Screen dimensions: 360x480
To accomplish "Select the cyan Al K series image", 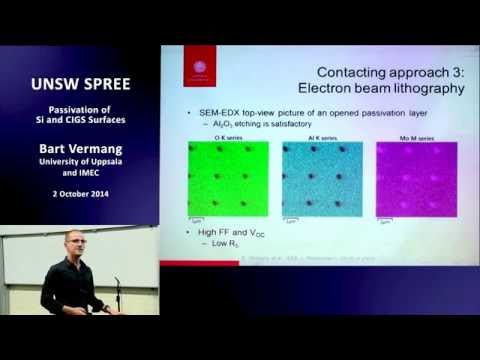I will [x=321, y=180].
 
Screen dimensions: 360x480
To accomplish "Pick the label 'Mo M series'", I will [x=411, y=136].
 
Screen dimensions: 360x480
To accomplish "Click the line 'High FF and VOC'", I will [x=225, y=233].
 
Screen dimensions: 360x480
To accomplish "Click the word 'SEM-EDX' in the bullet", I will [x=220, y=109].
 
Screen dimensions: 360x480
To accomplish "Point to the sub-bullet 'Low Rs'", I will [x=224, y=245].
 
